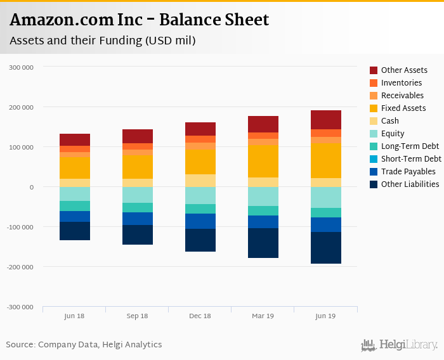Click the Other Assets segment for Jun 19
pyautogui.click(x=326, y=120)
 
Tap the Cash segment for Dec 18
pyautogui.click(x=200, y=180)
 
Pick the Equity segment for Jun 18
pyautogui.click(x=75, y=194)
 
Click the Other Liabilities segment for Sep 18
pyautogui.click(x=138, y=235)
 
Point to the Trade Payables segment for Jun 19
pyautogui.click(x=326, y=224)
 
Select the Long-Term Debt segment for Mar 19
pyautogui.click(x=263, y=210)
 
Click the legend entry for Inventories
pyautogui.click(x=402, y=83)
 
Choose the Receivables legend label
pyautogui.click(x=402, y=96)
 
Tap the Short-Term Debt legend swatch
pyautogui.click(x=374, y=159)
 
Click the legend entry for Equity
pyautogui.click(x=393, y=134)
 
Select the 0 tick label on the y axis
pyautogui.click(x=30, y=187)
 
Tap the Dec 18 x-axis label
pyautogui.click(x=200, y=316)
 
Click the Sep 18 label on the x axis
pyautogui.click(x=138, y=316)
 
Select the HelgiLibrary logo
pyautogui.click(x=400, y=345)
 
